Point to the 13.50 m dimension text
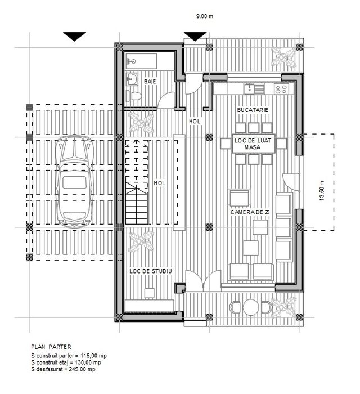point(322,190)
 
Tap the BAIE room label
point(150,82)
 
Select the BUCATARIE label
point(253,110)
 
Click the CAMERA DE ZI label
point(250,212)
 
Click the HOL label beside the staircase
point(159,183)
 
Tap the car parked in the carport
point(74,181)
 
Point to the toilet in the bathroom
point(131,95)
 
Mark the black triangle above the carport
point(74,37)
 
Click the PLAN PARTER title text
point(51,347)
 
